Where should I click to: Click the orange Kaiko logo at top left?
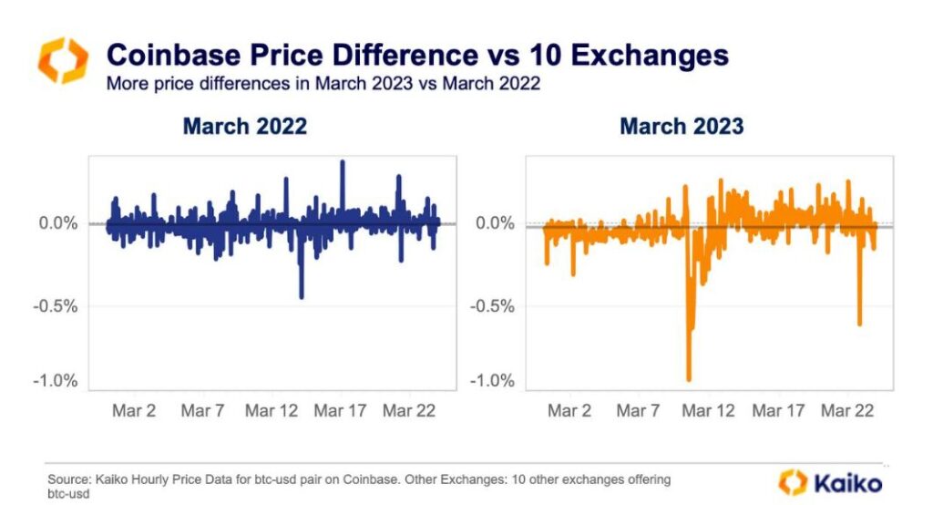coord(63,60)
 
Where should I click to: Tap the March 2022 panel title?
coord(244,126)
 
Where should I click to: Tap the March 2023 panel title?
coord(682,126)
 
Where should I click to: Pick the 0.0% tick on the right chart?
coord(495,223)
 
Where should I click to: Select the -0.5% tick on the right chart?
coord(492,305)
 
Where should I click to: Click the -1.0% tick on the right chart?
coord(492,381)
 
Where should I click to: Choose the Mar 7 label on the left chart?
coord(202,411)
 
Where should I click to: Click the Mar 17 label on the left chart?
coord(341,411)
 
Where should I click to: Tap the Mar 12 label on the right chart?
coord(708,411)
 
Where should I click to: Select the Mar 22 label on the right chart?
coord(847,411)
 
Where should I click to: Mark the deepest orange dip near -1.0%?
coord(689,378)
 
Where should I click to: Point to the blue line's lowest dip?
coord(302,295)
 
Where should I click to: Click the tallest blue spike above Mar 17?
coord(343,163)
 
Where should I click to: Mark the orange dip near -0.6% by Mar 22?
coord(859,323)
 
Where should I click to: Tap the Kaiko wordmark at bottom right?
coord(845,481)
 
